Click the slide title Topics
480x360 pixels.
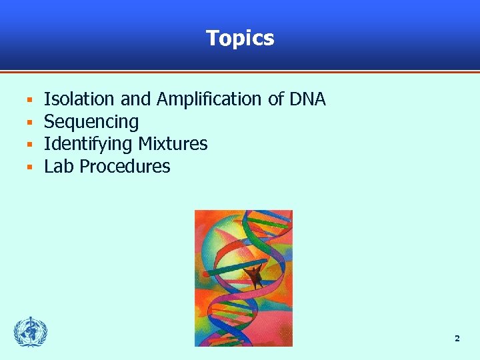240,38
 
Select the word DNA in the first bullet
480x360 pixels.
307,99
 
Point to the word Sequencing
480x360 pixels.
91,122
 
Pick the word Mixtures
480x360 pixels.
173,144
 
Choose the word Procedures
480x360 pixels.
125,167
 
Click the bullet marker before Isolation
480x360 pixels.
29,101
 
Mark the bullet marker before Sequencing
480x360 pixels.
29,123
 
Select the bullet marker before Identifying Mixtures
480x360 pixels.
29,145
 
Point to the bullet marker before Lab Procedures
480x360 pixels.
29,167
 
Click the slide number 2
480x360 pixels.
457,339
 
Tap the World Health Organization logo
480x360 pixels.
31,331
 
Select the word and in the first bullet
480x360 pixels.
135,99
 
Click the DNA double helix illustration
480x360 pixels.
243,278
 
